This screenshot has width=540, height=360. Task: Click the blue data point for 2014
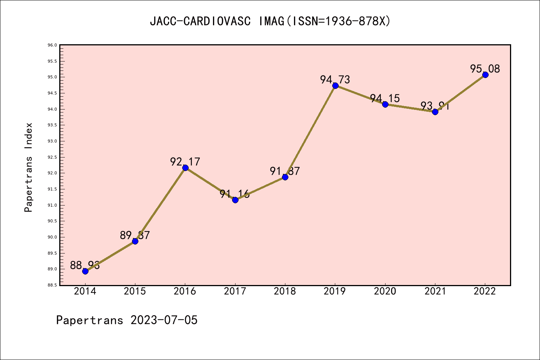(x=85, y=271)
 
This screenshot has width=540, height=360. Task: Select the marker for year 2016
(x=185, y=168)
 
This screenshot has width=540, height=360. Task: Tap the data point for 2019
(x=335, y=85)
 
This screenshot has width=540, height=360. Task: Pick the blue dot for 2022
(x=485, y=75)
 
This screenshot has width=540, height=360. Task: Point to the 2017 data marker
(x=235, y=200)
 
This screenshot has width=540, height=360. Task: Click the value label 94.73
(x=335, y=79)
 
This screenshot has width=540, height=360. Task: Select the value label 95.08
(x=485, y=69)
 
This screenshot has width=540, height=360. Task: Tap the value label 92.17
(x=185, y=162)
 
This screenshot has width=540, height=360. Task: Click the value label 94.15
(x=385, y=98)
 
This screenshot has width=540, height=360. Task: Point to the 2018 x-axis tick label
(x=285, y=291)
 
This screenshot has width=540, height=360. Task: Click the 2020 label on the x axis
(x=385, y=291)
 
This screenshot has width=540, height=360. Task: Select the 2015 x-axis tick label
(x=135, y=291)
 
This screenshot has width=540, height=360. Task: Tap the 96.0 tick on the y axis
(x=52, y=45)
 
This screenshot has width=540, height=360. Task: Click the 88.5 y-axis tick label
(x=52, y=285)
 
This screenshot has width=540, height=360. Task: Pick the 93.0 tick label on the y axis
(x=52, y=141)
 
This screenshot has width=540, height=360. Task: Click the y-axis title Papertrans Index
(x=29, y=167)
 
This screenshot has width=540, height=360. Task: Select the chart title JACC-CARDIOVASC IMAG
(x=270, y=21)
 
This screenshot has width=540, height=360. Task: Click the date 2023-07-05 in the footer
(x=164, y=320)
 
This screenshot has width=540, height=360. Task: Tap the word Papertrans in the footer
(x=90, y=320)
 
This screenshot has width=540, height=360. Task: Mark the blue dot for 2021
(x=435, y=112)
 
